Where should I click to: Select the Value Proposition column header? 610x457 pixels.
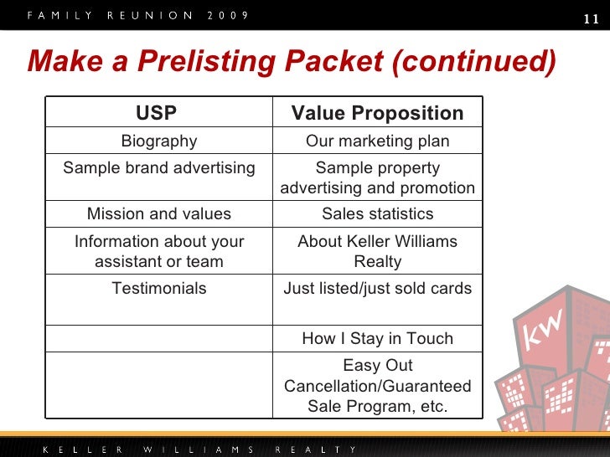coord(377,113)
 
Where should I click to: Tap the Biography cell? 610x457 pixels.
coord(159,141)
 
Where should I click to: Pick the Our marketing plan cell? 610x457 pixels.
coord(377,141)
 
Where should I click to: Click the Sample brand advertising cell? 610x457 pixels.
coord(159,167)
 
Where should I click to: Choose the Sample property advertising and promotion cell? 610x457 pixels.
coord(377,177)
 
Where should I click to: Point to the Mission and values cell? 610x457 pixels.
coord(159,214)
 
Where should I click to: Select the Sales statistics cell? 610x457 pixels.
coord(377,214)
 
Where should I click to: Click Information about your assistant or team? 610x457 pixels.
coord(159,251)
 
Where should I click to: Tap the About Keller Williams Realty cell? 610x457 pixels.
coord(377,251)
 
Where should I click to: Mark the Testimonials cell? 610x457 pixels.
coord(159,289)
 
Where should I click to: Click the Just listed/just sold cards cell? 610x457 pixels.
coord(377,289)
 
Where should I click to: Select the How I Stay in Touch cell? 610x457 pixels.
coord(377,338)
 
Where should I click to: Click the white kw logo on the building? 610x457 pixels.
coord(545,333)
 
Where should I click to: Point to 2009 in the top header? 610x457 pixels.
coord(227,17)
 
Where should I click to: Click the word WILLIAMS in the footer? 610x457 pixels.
coord(196,449)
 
